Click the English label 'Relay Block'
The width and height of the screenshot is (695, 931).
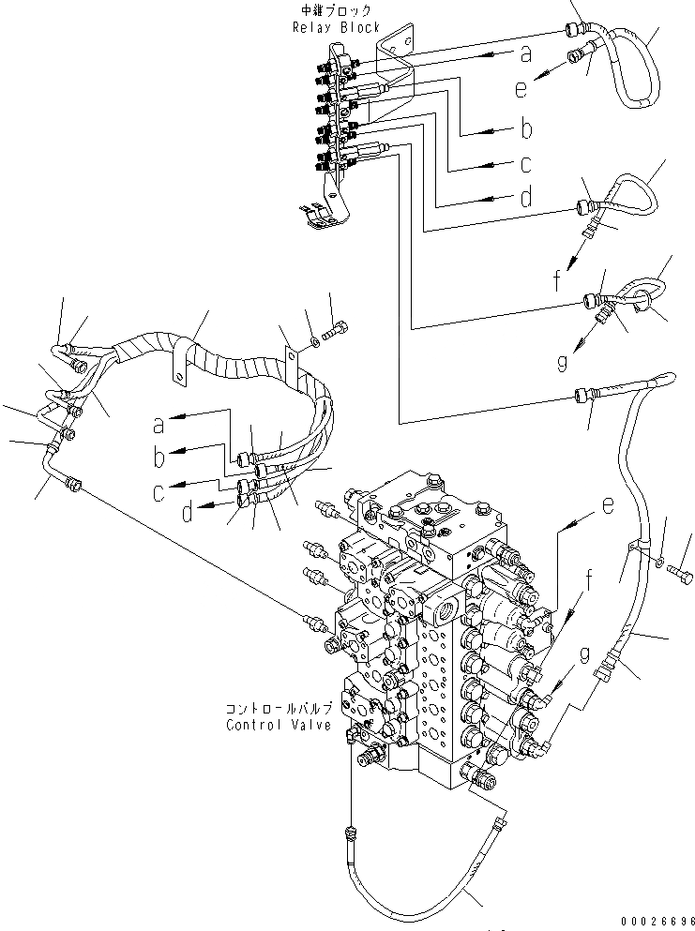pos(336,28)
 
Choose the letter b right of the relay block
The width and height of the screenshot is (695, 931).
pos(526,128)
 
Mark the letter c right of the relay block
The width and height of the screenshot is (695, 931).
pos(526,164)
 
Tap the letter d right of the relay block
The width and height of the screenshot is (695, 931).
pos(526,198)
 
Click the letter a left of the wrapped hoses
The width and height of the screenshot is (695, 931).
pos(159,425)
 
